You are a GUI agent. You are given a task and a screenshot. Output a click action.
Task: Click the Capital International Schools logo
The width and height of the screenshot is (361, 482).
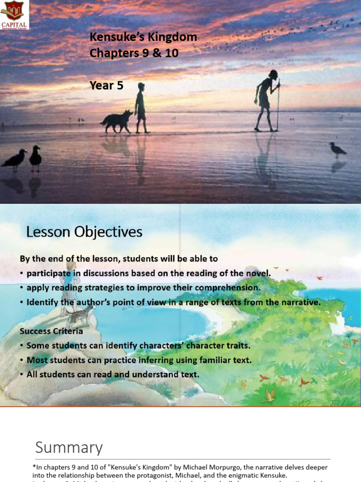click(15, 15)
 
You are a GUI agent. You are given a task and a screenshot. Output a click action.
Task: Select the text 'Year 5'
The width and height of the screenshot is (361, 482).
click(107, 85)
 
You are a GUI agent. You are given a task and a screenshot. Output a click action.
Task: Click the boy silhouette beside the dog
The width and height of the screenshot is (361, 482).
click(141, 107)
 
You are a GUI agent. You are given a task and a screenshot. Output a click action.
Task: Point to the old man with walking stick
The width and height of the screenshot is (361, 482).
click(266, 100)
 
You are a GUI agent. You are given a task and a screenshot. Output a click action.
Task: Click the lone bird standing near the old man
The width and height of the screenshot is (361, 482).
click(337, 150)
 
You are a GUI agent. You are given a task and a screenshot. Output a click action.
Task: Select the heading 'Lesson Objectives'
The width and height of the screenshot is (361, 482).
click(84, 232)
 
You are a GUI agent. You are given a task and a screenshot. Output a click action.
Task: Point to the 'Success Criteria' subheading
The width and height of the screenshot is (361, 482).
click(51, 331)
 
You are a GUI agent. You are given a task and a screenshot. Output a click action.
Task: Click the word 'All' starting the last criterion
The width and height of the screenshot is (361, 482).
click(33, 375)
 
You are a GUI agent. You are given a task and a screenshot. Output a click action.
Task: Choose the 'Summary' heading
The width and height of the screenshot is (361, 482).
click(69, 447)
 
